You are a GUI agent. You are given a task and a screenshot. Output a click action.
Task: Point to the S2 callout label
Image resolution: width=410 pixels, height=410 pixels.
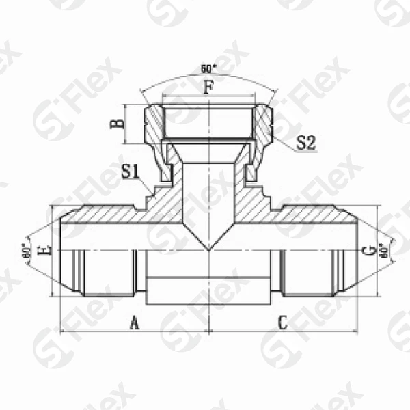[306, 143]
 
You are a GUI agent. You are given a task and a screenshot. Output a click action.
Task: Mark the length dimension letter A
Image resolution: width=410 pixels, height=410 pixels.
[135, 323]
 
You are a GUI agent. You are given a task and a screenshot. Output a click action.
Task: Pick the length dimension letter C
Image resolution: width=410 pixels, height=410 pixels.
[282, 323]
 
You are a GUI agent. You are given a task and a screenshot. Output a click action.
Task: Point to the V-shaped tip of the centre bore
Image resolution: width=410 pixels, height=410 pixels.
[208, 245]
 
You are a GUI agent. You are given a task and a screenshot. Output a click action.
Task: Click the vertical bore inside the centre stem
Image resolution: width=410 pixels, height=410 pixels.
[208, 198]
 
